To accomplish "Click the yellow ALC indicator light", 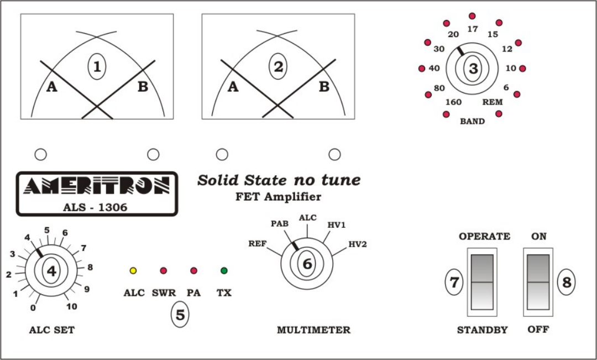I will point(133,271).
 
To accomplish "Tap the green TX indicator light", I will point(224,271).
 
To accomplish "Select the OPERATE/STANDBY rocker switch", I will point(482,281).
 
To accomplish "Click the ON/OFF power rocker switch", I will point(538,281).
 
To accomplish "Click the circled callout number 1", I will point(97,67).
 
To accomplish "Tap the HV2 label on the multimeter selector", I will point(357,244).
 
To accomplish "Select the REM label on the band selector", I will point(492,102).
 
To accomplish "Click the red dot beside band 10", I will point(522,69).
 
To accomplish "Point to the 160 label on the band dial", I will point(453,102).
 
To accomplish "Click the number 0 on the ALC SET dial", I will point(34,307).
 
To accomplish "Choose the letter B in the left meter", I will point(143,87).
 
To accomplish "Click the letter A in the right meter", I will point(233,87).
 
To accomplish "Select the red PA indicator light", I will point(193,271).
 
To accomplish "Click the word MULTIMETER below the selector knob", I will point(313,330).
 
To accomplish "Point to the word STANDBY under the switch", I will point(482,330).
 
